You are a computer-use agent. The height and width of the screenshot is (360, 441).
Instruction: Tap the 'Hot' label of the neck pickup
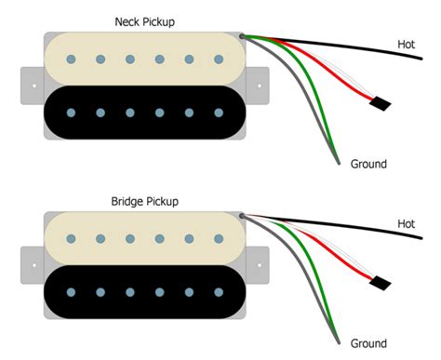tap(407, 44)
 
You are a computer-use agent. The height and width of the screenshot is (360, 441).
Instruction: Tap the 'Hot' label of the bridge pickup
tap(407, 224)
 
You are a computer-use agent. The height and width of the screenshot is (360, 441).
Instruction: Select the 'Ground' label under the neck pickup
tap(368, 164)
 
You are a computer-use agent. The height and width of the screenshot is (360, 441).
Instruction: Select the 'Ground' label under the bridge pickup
tap(368, 343)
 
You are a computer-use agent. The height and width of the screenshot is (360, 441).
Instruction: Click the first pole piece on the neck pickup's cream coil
tap(71, 60)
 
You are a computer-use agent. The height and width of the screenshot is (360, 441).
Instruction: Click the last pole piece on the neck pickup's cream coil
tap(220, 60)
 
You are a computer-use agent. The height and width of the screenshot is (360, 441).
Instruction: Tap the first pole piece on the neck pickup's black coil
tap(71, 113)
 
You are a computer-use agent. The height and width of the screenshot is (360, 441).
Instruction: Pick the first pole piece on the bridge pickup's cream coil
tap(71, 240)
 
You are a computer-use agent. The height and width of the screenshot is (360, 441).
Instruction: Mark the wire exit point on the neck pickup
tap(243, 37)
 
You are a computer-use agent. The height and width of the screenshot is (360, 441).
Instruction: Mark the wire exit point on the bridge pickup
tap(243, 217)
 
